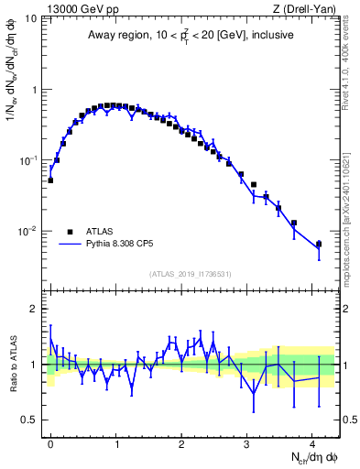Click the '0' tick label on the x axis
[50, 442]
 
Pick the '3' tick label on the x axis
[247, 442]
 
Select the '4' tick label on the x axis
[312, 442]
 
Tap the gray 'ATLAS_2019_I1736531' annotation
[191, 275]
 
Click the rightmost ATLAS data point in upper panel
[318, 244]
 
